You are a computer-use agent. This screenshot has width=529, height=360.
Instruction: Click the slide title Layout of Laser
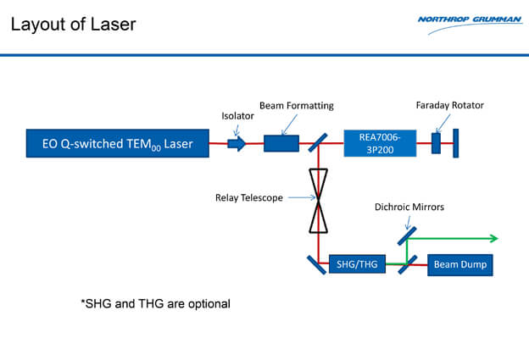coord(72,24)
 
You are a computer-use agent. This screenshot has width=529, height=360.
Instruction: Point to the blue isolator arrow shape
coord(237,143)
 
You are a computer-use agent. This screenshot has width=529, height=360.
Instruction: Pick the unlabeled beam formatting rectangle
coord(281,143)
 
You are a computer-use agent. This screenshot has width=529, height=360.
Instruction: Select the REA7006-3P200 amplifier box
coord(381,143)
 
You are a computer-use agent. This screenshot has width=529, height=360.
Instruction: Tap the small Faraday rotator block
coord(436,143)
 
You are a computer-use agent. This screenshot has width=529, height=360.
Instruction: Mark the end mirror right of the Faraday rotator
coord(455,143)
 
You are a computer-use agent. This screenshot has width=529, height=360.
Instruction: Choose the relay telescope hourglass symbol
coord(318,200)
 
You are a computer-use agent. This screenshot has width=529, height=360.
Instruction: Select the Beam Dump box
coord(459,264)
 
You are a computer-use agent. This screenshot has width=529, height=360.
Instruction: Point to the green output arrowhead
coord(493,238)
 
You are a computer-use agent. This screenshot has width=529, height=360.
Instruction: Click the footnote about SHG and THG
coord(155,302)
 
